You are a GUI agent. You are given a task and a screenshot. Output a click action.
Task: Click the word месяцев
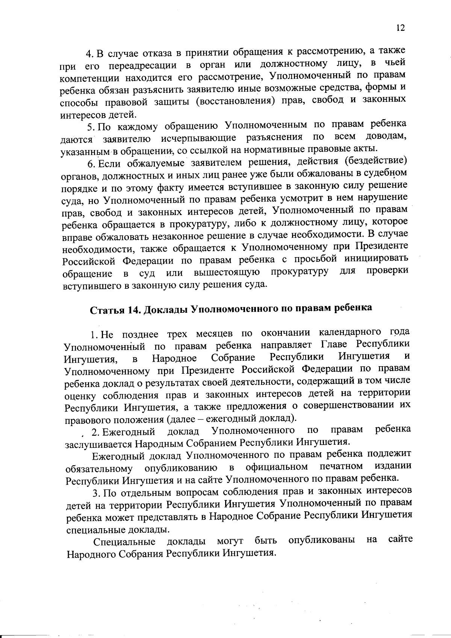214,334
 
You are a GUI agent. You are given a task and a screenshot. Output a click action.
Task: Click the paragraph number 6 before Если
89,164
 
